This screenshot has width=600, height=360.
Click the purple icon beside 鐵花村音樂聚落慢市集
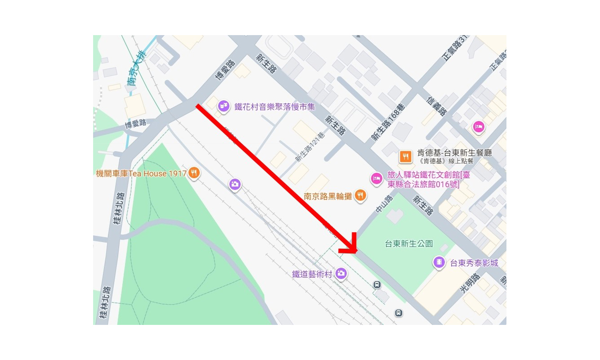(224, 107)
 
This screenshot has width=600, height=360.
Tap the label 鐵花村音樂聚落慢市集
(274, 107)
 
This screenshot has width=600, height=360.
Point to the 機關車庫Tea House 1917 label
(141, 173)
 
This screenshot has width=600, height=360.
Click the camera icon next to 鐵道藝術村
(341, 273)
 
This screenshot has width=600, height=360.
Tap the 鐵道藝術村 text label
(312, 274)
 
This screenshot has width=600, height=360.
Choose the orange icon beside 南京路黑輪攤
(360, 195)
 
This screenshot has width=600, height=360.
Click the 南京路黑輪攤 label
(327, 196)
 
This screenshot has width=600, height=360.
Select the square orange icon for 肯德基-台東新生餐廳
(406, 156)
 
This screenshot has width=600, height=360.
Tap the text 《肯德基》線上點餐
(446, 161)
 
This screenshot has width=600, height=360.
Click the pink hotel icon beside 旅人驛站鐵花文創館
(376, 179)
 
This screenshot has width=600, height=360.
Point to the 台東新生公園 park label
(409, 244)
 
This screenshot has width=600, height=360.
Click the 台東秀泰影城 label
(474, 263)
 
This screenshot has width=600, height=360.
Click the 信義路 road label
(437, 105)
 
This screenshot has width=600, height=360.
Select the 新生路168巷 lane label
(388, 122)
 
